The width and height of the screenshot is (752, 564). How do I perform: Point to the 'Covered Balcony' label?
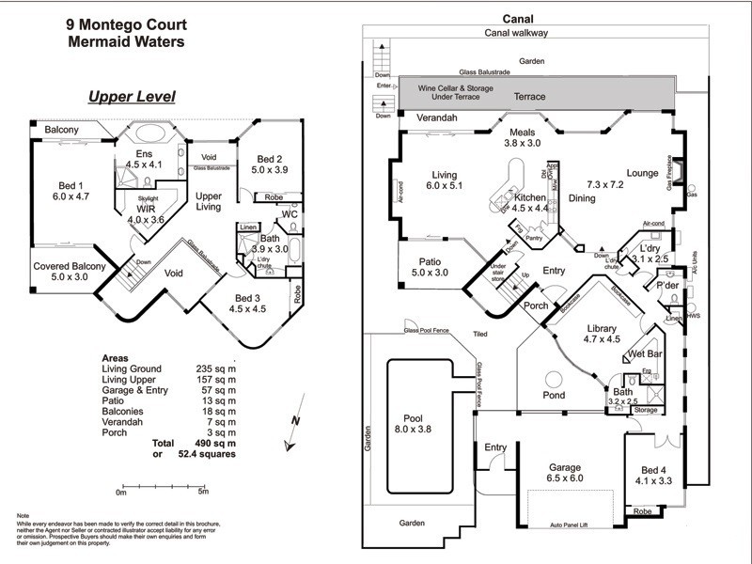67,266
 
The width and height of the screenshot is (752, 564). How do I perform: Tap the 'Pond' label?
555,396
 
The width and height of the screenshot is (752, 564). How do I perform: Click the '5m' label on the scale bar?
204,492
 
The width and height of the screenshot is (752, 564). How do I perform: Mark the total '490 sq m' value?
202,442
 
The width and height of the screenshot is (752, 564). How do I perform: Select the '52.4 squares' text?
202,453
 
